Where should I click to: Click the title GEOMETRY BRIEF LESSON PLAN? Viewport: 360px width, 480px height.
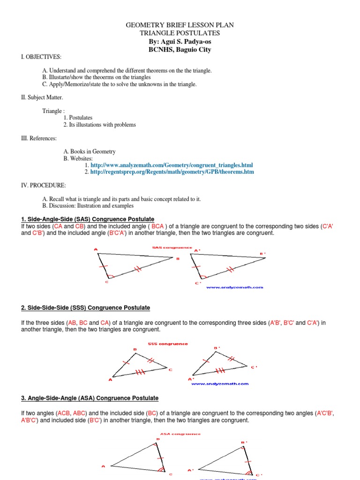pyautogui.click(x=180, y=26)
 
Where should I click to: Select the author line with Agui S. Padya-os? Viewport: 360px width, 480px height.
pyautogui.click(x=180, y=42)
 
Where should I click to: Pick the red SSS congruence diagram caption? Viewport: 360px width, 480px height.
pyautogui.click(x=167, y=344)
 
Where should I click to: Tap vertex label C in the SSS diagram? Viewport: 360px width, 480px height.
pyautogui.click(x=170, y=369)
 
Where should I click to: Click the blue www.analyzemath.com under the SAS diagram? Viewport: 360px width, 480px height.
pyautogui.click(x=235, y=287)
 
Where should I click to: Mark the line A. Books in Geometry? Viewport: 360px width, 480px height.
pyautogui.click(x=89, y=152)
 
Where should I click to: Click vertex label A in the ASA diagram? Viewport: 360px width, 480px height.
pyautogui.click(x=103, y=466)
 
